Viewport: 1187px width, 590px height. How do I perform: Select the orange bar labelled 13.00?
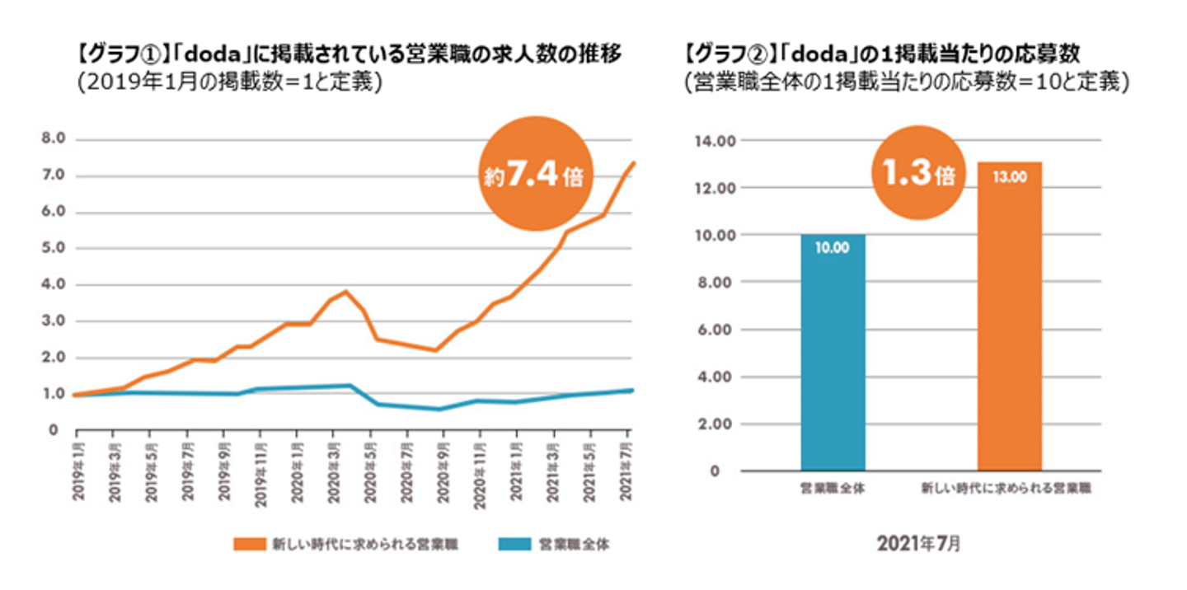tap(1009, 316)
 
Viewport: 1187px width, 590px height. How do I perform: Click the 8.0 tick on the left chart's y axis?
tap(51, 139)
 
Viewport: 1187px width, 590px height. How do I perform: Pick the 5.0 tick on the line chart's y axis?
tap(51, 249)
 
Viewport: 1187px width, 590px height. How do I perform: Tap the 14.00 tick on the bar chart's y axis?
tap(714, 141)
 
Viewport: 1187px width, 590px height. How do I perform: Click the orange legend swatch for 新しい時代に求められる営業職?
tap(251, 544)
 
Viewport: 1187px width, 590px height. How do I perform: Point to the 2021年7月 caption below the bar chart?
tap(918, 544)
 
